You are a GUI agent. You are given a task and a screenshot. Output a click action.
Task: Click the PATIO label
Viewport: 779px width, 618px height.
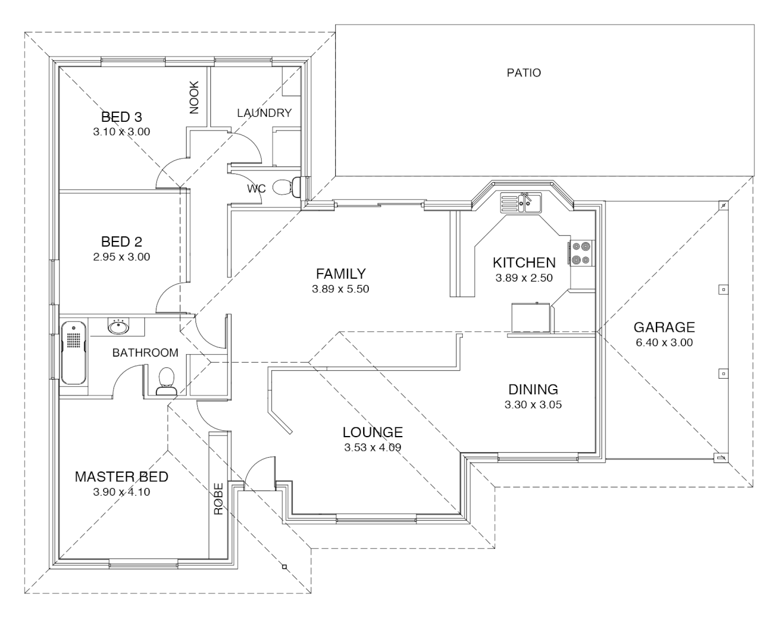coord(524,73)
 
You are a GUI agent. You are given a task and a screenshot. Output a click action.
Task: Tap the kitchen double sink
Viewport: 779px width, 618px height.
coord(521,203)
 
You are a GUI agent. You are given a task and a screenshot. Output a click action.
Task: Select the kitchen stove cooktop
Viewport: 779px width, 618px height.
coord(581,253)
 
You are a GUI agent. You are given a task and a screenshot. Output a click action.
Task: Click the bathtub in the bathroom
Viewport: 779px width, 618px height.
coord(74,352)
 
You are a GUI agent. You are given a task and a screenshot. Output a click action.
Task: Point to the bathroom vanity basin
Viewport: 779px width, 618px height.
coord(119,327)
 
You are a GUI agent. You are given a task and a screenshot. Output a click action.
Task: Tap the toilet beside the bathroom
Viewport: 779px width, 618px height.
coord(167,381)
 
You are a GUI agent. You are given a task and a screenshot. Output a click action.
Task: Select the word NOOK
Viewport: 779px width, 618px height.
coord(194,97)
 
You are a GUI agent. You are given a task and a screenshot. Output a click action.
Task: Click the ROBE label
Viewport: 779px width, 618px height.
coord(219,498)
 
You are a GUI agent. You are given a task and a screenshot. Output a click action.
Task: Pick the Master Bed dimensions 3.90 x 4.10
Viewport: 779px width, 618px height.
coord(121,492)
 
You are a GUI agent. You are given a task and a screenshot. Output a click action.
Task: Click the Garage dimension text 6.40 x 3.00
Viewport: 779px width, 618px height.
coord(664,342)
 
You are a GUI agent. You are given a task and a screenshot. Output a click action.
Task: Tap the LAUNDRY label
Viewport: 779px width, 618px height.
coord(264,113)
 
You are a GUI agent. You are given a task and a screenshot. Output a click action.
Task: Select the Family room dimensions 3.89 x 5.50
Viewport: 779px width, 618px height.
coord(341,289)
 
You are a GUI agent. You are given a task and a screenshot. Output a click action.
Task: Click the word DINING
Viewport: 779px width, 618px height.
coord(533,390)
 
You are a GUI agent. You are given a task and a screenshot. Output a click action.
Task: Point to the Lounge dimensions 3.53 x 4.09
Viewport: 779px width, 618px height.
coord(373,447)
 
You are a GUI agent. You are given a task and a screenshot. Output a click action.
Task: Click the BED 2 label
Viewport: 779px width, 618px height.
coord(121,241)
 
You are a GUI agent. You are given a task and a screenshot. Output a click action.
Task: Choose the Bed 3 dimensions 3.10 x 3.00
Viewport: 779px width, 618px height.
coord(121,132)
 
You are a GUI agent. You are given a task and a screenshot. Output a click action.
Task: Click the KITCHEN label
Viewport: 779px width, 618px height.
coord(524,263)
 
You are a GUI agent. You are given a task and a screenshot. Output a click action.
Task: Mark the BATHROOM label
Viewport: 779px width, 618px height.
coord(145,352)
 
